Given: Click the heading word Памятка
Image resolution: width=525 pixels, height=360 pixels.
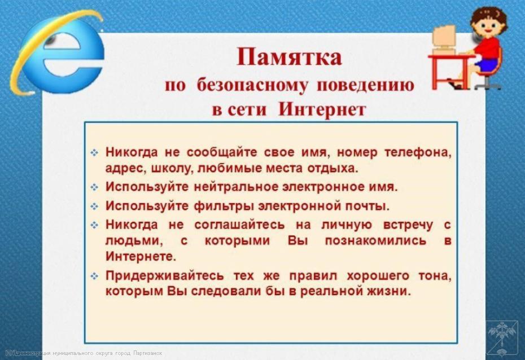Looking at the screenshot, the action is pyautogui.click(x=289, y=58).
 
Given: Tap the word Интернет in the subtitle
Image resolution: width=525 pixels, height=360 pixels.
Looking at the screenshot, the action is pyautogui.click(x=322, y=109).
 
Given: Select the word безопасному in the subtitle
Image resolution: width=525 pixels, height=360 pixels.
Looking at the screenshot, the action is pyautogui.click(x=252, y=85).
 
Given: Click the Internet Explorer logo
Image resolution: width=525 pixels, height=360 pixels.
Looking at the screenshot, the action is pyautogui.click(x=57, y=54).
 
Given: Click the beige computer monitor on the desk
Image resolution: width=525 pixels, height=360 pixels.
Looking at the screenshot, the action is pyautogui.click(x=444, y=38).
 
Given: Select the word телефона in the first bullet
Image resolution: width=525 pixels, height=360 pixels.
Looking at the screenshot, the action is pyautogui.click(x=418, y=152).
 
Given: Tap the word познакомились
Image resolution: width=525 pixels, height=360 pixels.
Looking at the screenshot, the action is pyautogui.click(x=375, y=240).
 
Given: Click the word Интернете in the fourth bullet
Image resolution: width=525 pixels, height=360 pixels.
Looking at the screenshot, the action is pyautogui.click(x=141, y=257).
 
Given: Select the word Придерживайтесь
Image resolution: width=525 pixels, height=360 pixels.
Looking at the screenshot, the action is pyautogui.click(x=165, y=276).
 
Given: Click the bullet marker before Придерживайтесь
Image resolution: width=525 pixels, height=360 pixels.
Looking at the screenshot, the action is pyautogui.click(x=94, y=276).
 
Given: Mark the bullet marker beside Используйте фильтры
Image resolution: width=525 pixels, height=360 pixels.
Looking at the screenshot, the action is pyautogui.click(x=94, y=207).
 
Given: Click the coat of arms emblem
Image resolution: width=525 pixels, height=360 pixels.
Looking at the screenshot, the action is pyautogui.click(x=502, y=338).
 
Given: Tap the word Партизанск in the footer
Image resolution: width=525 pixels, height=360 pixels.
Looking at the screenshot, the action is pyautogui.click(x=147, y=353).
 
